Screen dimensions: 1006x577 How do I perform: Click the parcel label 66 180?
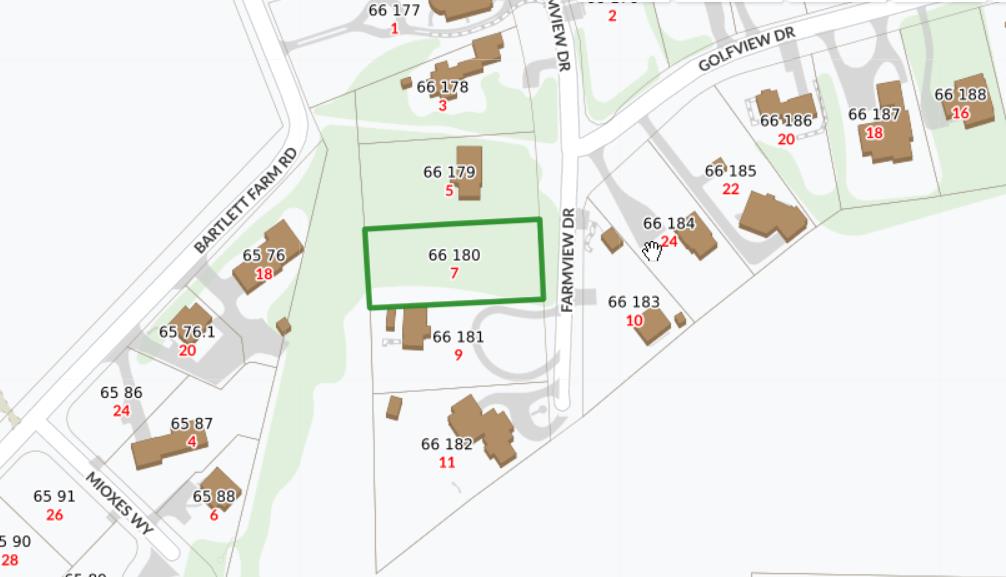click(x=454, y=255)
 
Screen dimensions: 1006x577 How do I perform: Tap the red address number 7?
click(x=454, y=273)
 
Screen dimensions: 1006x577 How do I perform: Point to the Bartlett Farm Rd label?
click(x=246, y=201)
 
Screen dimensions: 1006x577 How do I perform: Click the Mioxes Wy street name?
click(x=119, y=503)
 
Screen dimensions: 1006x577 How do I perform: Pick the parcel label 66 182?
click(x=446, y=444)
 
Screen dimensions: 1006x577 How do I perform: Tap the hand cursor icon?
click(x=652, y=249)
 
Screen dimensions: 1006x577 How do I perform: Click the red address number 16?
click(x=960, y=113)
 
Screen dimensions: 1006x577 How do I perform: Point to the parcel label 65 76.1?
click(x=187, y=331)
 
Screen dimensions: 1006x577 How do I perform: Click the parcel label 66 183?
click(x=634, y=302)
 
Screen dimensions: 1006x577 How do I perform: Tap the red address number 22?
click(x=730, y=189)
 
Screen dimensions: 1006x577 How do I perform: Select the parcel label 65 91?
click(x=54, y=496)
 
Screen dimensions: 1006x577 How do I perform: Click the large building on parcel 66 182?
click(x=484, y=428)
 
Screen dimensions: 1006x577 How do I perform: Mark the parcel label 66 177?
click(x=394, y=11)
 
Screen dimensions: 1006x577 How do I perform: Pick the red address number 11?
click(x=446, y=462)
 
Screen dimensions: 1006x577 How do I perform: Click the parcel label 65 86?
click(x=121, y=393)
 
